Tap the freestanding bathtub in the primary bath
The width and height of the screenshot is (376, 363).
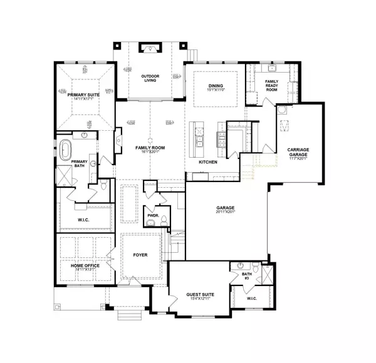[x=65, y=150]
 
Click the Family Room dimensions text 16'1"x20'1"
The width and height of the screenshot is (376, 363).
[x=149, y=151]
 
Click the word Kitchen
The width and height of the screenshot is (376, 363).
[x=207, y=162]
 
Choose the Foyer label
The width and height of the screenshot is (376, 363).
[x=140, y=255]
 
